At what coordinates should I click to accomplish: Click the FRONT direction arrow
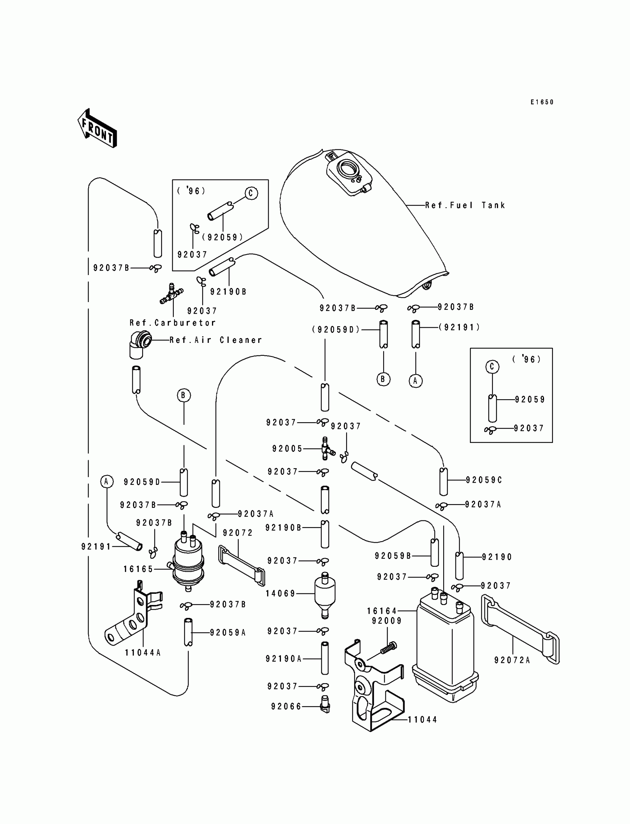tap(97, 128)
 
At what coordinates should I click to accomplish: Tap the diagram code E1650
tap(542, 102)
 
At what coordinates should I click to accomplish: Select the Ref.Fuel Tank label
tap(465, 205)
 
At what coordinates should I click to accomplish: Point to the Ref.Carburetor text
tap(172, 322)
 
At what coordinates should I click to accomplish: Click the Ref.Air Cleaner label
tap(216, 340)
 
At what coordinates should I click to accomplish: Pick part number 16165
tap(138, 569)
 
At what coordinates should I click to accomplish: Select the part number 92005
tap(287, 449)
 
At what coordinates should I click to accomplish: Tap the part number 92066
tap(286, 706)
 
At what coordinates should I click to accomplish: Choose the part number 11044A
tap(143, 653)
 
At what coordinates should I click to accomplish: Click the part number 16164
tap(382, 611)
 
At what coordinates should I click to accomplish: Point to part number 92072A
tap(512, 660)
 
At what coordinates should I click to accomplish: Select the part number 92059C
tap(484, 480)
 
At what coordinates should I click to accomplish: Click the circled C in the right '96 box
tap(493, 367)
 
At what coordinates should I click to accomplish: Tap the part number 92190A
tap(284, 659)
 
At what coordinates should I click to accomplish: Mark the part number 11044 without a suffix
tap(422, 719)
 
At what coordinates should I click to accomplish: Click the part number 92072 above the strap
tap(238, 533)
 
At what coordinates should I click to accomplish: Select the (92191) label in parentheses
tap(460, 327)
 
